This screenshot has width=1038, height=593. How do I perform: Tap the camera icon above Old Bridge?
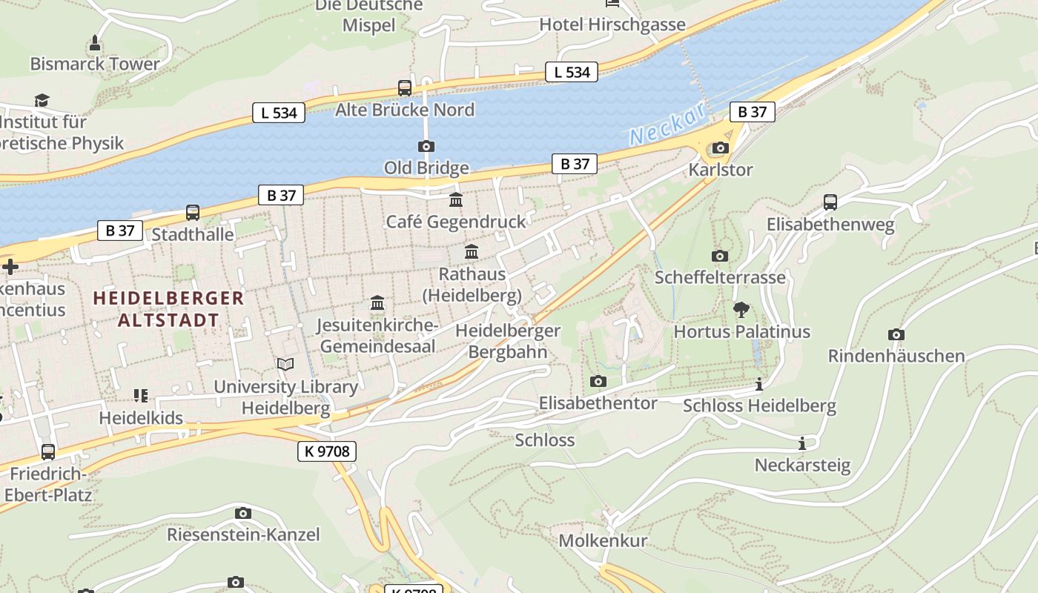tap(426, 146)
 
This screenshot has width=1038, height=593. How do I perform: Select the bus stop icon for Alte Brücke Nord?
tap(405, 88)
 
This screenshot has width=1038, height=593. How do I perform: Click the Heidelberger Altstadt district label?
tap(168, 309)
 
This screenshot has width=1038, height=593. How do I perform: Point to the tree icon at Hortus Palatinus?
tap(741, 310)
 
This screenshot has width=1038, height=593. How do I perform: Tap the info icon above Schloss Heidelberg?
tap(758, 385)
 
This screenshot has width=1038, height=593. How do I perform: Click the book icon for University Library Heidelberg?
tap(285, 365)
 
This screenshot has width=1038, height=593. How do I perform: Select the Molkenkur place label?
tap(603, 540)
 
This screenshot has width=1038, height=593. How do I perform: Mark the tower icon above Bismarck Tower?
tap(95, 42)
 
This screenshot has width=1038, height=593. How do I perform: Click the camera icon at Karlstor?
tap(720, 148)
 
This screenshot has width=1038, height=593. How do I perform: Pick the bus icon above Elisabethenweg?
tap(830, 202)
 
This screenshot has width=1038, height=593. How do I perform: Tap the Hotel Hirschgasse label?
tap(612, 24)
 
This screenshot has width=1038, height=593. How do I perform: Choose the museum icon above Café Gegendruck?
tap(456, 200)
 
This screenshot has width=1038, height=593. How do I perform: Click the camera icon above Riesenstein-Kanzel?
tap(242, 513)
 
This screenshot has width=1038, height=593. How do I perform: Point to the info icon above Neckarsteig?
tap(801, 444)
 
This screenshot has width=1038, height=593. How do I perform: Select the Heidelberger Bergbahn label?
tap(508, 341)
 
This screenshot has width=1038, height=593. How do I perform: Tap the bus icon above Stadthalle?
tap(193, 213)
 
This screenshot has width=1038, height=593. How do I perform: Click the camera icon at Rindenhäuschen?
tap(896, 335)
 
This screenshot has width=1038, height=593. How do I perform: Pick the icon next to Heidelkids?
tap(141, 397)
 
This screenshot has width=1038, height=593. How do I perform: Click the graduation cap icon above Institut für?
tap(42, 100)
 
